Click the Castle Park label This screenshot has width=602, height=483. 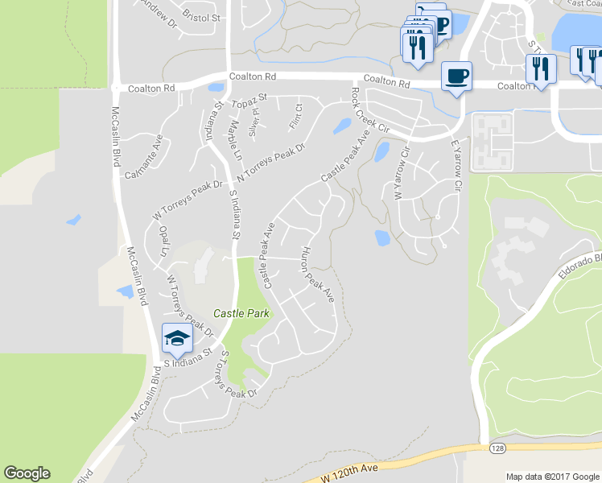pos(241,312)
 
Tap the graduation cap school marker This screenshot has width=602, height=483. pos(177,338)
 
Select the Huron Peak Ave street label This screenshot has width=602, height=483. pos(317,275)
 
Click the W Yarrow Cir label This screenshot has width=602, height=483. pos(399,173)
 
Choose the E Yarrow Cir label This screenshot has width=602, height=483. pos(456,166)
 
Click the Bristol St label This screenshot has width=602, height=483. pos(200,16)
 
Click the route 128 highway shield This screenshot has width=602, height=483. pos(497,446)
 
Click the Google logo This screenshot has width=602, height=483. pos(27,473)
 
